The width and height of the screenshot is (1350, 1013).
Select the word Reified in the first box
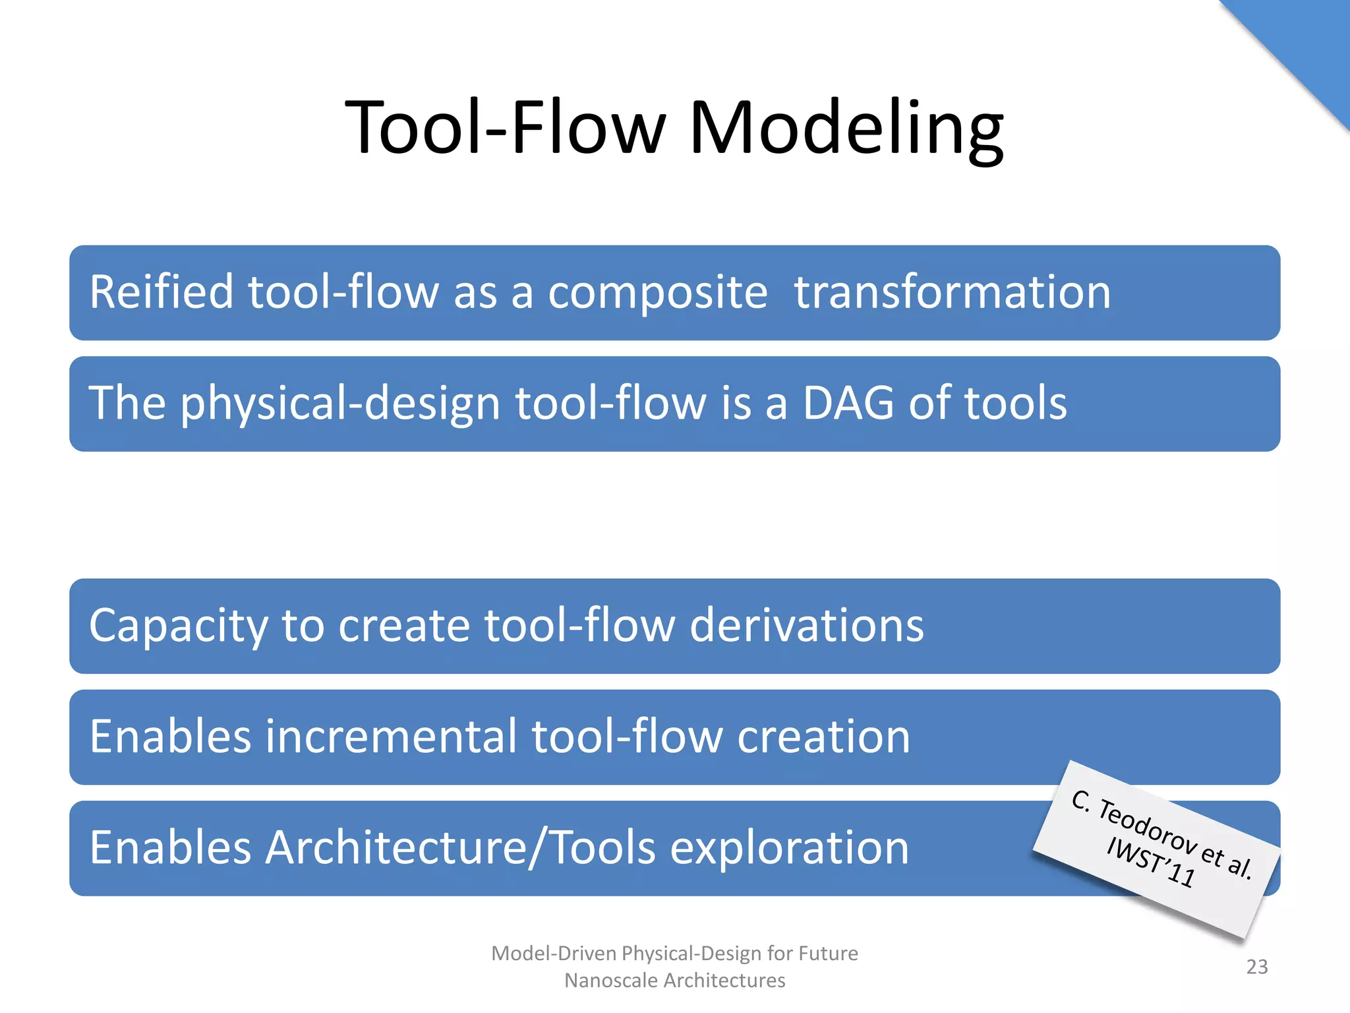click(x=161, y=292)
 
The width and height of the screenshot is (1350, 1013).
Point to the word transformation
click(x=953, y=292)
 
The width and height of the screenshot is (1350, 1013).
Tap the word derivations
click(x=807, y=625)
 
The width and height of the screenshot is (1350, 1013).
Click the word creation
click(x=823, y=737)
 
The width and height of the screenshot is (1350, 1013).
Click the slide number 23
click(x=1256, y=967)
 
